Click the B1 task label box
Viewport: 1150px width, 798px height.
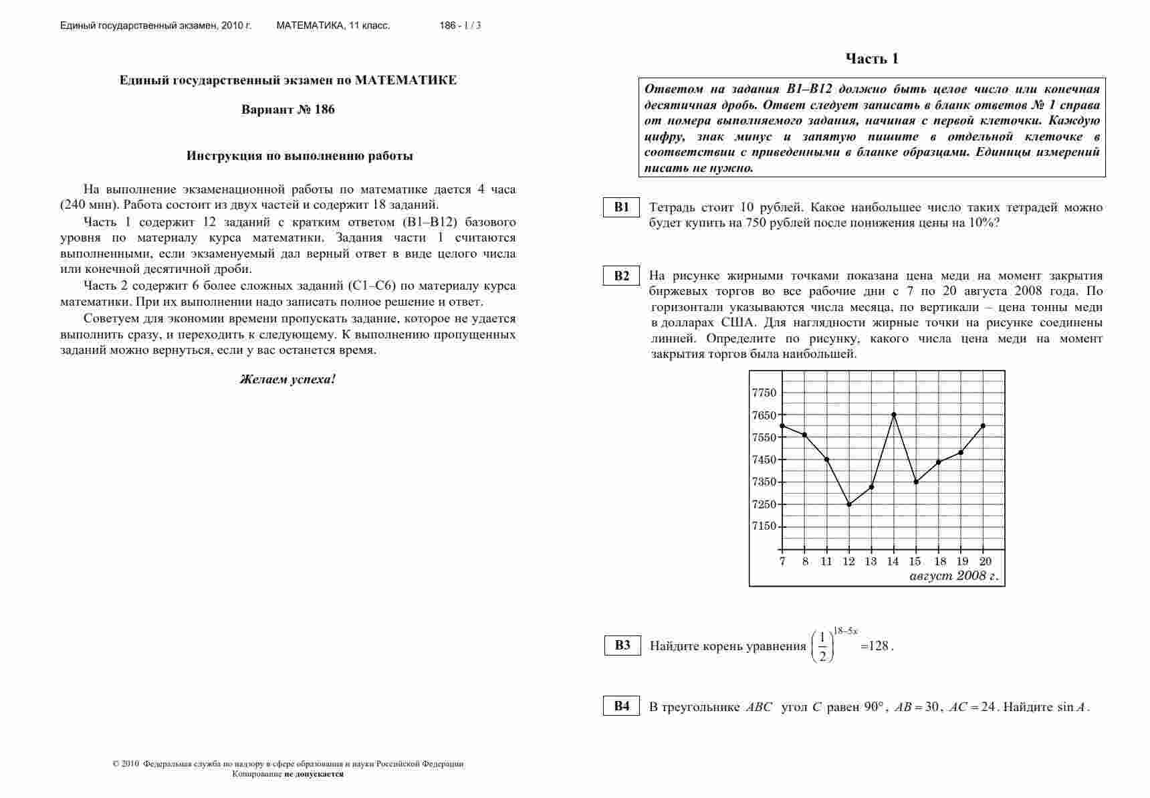[622, 207]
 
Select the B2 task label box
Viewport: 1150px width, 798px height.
[622, 276]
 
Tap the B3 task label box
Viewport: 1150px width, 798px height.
[622, 645]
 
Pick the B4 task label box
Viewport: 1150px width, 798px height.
[622, 706]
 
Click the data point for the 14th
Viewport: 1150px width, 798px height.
[894, 415]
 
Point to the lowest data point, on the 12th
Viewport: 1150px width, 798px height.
[849, 504]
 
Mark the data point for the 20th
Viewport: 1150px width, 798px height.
[983, 425]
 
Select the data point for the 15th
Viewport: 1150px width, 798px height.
[916, 482]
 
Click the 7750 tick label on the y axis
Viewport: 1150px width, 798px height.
[764, 393]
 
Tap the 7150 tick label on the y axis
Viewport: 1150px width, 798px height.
[764, 526]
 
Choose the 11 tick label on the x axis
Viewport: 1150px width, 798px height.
[826, 562]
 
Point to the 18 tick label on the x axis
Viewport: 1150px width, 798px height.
[940, 562]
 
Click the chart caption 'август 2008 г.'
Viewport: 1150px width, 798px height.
[954, 576]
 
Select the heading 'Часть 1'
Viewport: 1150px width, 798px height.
[872, 59]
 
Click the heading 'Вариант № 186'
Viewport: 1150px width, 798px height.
[288, 110]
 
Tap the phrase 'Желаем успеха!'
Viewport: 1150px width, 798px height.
[288, 380]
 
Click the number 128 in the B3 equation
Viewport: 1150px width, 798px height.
[879, 646]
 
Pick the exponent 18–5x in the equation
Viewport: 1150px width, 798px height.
[845, 631]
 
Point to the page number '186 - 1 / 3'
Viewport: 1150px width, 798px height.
[460, 26]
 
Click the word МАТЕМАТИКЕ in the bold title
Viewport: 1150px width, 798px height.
[406, 80]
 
